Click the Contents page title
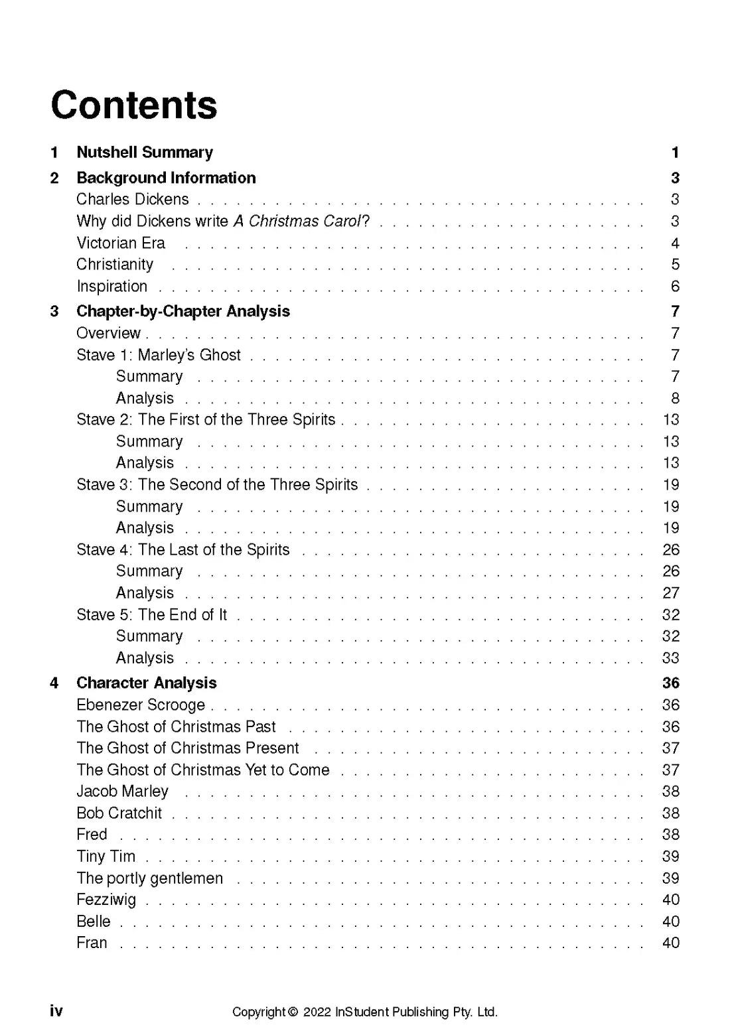(134, 105)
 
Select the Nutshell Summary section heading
(145, 153)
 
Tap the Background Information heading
(166, 178)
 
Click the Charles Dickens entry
(133, 200)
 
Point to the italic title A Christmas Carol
(297, 222)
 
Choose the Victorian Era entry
(121, 243)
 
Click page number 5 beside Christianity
(675, 265)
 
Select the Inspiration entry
(112, 287)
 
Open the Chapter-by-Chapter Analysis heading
(183, 312)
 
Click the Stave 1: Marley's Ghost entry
(159, 356)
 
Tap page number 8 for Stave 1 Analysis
(675, 399)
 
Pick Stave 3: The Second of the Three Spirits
(217, 485)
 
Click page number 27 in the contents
(671, 593)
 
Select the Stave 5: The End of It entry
(152, 615)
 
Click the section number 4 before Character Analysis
(54, 683)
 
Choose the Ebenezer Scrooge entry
(141, 705)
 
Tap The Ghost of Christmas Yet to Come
(203, 770)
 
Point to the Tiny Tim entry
(106, 857)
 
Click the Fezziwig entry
(106, 900)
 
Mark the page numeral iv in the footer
(56, 1010)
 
